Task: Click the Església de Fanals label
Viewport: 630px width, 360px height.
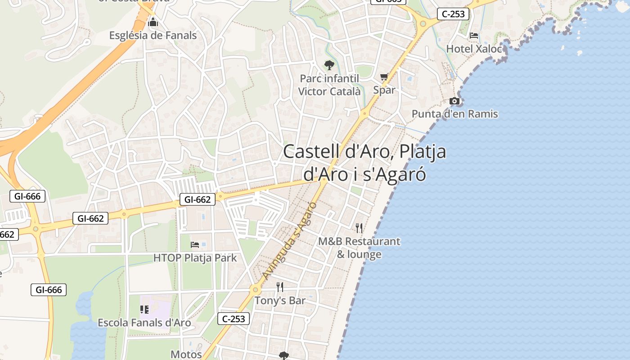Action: pyautogui.click(x=153, y=35)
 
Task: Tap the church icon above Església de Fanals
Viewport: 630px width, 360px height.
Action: pyautogui.click(x=153, y=22)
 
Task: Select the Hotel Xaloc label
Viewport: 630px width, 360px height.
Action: pyautogui.click(x=474, y=49)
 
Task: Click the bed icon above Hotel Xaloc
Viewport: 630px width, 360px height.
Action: pyautogui.click(x=474, y=35)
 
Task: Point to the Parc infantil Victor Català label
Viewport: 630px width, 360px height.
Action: pyautogui.click(x=329, y=85)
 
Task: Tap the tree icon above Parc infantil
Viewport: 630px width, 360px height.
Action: pyautogui.click(x=329, y=65)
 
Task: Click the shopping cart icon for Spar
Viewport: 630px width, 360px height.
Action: pyautogui.click(x=384, y=77)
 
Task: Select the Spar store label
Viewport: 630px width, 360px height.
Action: pyautogui.click(x=384, y=90)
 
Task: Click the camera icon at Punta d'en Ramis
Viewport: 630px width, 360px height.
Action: pyautogui.click(x=454, y=101)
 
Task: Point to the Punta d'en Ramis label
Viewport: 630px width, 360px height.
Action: pyautogui.click(x=454, y=114)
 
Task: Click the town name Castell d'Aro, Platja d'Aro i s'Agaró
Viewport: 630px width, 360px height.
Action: pyautogui.click(x=364, y=162)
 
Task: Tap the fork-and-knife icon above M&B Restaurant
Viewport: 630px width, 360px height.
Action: pyautogui.click(x=359, y=228)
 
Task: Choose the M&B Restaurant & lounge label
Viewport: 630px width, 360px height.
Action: pyautogui.click(x=359, y=247)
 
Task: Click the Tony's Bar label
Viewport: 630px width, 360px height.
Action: pyautogui.click(x=280, y=300)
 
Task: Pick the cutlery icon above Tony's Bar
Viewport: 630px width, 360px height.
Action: pyautogui.click(x=280, y=287)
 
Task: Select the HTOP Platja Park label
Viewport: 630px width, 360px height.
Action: pyautogui.click(x=195, y=258)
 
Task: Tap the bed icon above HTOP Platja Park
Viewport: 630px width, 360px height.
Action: pyautogui.click(x=195, y=245)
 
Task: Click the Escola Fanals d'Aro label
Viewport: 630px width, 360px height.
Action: pyautogui.click(x=144, y=323)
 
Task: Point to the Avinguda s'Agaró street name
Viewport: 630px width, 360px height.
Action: pyautogui.click(x=290, y=241)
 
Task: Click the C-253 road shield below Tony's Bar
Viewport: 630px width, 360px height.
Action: pyautogui.click(x=234, y=319)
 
